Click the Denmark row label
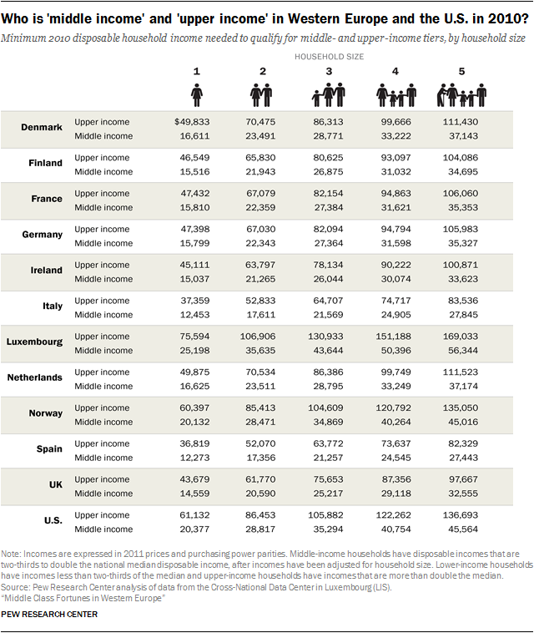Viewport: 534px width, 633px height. point(42,127)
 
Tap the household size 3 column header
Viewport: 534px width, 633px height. point(329,72)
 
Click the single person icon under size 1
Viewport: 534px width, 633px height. point(196,95)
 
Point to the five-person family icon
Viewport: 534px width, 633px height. point(461,95)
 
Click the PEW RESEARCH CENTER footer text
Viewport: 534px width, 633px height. point(49,614)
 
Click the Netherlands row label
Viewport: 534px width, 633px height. point(34,377)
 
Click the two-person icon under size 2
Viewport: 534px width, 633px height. point(263,95)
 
